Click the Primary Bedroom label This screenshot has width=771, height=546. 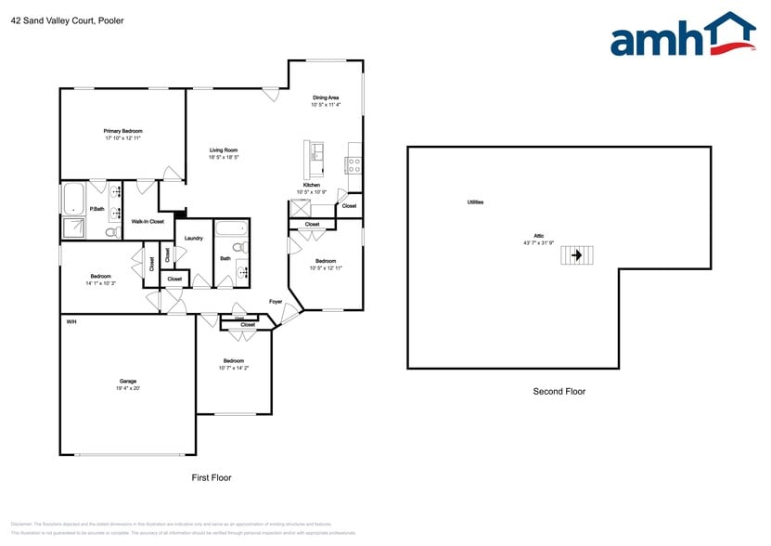tap(122, 131)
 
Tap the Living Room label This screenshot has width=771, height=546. tap(223, 150)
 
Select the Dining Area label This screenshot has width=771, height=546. tap(325, 97)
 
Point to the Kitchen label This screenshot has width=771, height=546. tap(312, 185)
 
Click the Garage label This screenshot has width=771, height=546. tap(127, 381)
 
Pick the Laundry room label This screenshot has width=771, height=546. tap(193, 239)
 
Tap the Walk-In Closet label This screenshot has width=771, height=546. tap(148, 222)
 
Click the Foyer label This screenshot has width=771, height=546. tap(276, 302)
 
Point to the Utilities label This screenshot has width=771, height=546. tap(474, 201)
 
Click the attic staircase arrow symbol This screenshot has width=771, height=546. tap(576, 254)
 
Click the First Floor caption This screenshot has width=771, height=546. tap(211, 477)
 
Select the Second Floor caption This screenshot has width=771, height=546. tap(559, 392)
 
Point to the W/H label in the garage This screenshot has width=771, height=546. tap(71, 321)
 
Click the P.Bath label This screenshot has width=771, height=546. tap(96, 209)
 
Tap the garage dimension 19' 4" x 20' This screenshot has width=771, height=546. tap(127, 389)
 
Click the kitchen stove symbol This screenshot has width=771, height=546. tap(353, 165)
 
